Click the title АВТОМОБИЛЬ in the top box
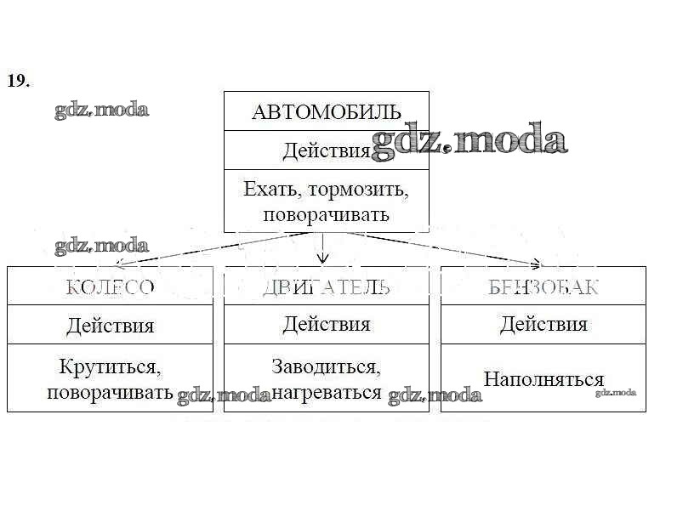327,111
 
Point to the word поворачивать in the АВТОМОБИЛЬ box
327,214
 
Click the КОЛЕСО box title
111,287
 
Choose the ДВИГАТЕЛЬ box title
327,287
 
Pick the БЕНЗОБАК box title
543,287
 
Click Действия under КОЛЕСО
111,325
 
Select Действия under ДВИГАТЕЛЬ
327,324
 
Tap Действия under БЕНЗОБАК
543,324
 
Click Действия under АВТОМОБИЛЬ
327,151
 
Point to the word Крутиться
111,367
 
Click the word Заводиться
327,366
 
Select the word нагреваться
327,392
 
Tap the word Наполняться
543,379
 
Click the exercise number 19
19,81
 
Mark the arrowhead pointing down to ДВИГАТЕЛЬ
322,259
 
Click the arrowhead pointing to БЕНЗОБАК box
536,263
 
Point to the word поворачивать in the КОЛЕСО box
111,393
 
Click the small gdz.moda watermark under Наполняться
616,392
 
